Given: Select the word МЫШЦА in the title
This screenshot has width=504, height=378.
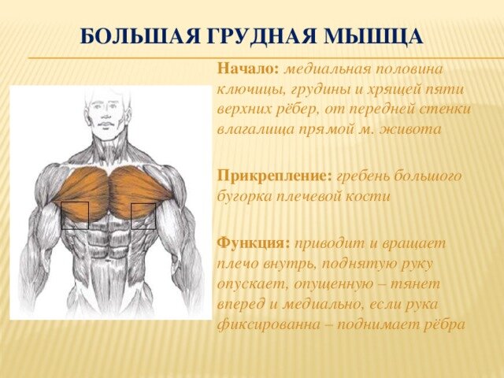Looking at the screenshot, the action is [373, 36].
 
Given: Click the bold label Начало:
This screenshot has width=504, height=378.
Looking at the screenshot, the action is [248, 69].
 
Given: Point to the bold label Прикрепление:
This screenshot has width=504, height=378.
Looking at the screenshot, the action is [275, 176].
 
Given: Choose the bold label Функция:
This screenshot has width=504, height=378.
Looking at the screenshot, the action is [254, 243].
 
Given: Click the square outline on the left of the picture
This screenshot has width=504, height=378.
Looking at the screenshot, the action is [75, 215].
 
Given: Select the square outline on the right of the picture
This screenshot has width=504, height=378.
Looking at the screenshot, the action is [143, 216].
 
